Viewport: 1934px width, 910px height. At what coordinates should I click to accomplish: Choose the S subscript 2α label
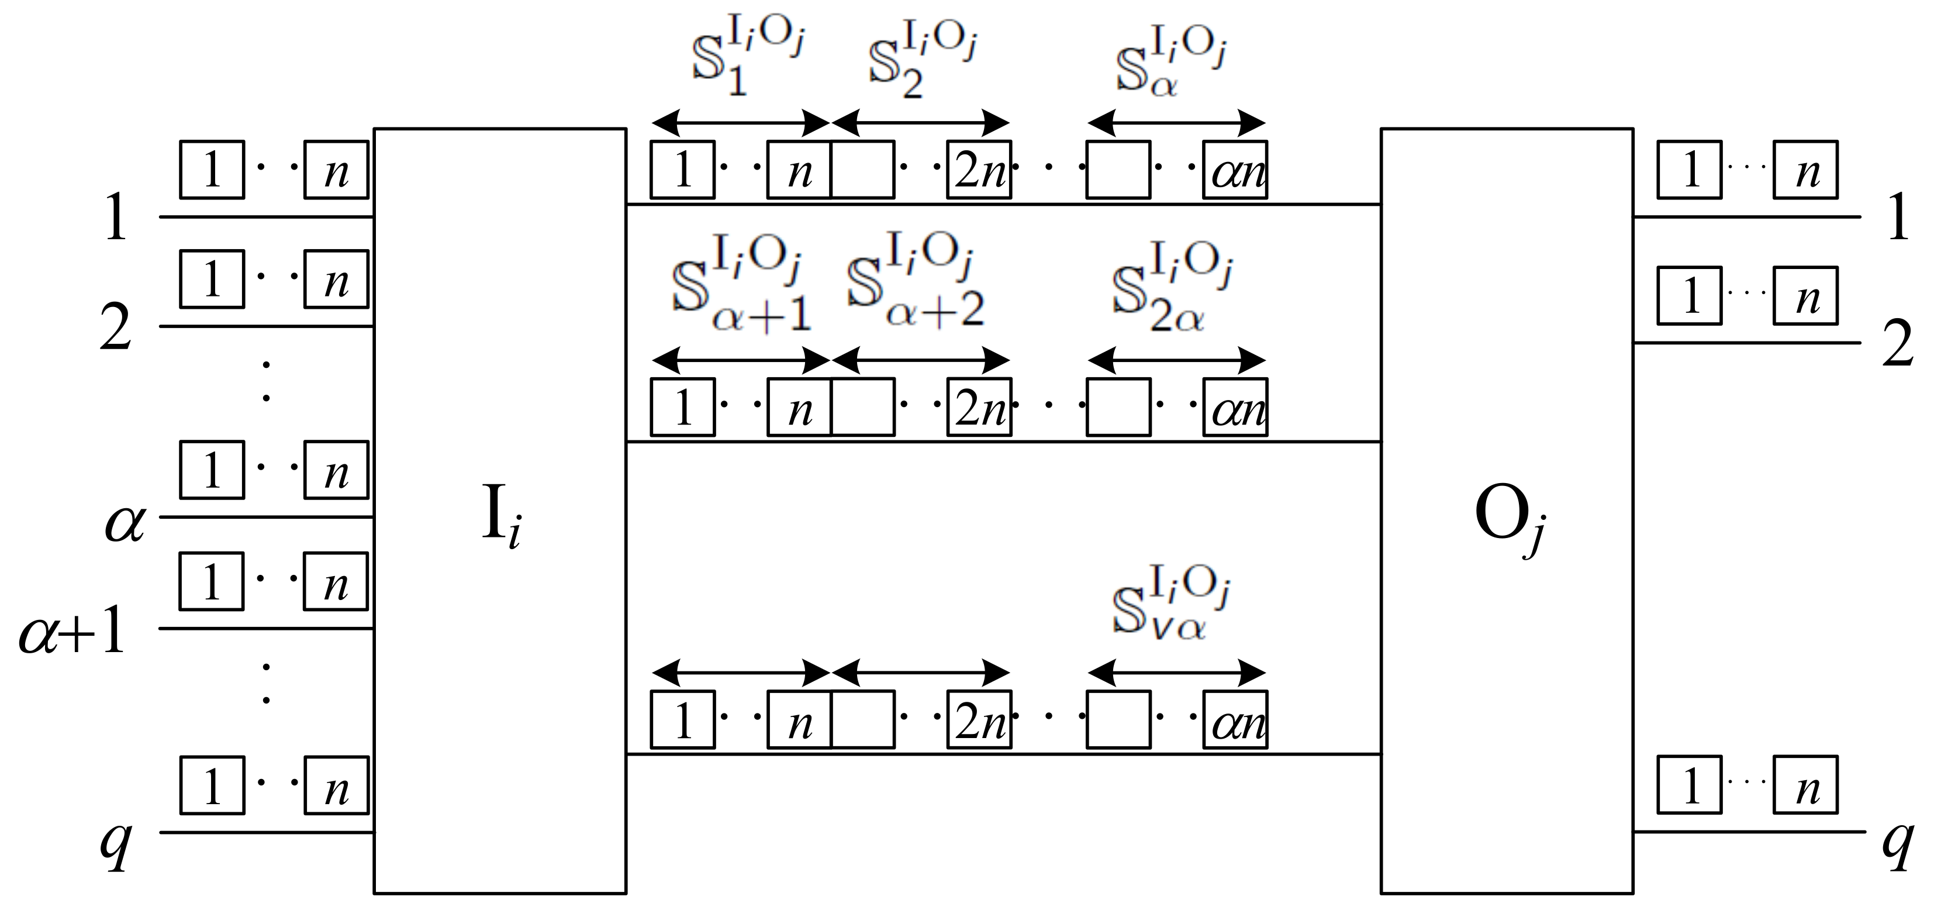[1171, 289]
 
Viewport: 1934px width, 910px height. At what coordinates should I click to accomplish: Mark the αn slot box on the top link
[1235, 170]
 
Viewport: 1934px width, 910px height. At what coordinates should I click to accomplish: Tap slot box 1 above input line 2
[212, 280]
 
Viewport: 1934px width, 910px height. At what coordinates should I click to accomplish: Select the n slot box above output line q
[1805, 785]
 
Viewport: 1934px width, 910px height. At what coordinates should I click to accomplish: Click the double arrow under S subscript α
[1176, 122]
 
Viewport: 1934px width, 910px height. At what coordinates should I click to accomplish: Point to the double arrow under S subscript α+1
[741, 360]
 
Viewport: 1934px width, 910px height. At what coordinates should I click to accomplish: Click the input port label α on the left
[125, 522]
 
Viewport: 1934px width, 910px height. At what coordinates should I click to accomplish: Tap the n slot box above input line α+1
[336, 582]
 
